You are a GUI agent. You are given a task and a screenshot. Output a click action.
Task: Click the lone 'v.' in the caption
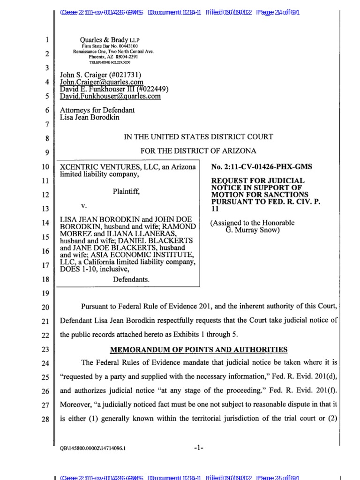(x=84, y=205)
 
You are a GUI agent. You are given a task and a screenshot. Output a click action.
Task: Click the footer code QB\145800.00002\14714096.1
(x=92, y=449)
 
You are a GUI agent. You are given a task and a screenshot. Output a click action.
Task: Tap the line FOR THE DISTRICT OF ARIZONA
(x=198, y=151)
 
